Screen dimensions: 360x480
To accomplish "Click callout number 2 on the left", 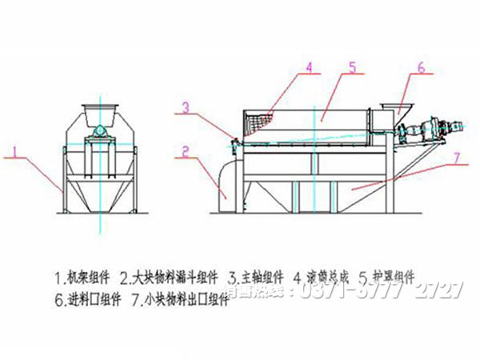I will (x=185, y=150).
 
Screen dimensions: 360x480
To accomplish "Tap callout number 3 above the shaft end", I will (x=185, y=106).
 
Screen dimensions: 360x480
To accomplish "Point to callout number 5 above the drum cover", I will (x=352, y=67).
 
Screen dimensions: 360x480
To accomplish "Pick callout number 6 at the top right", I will (x=419, y=67).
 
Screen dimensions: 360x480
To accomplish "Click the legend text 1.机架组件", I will (x=85, y=278).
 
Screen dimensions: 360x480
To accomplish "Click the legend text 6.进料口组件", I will (x=89, y=301).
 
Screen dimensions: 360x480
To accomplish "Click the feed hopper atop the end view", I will (x=101, y=110).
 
